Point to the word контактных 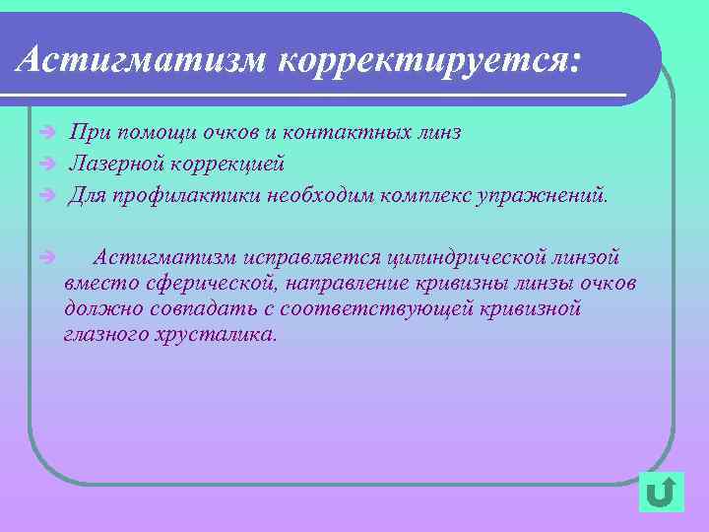353,132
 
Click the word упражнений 543,194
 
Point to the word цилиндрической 469,258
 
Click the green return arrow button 661,491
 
